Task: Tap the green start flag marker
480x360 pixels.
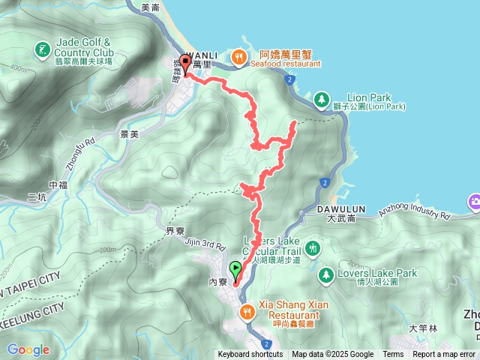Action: click(x=237, y=269)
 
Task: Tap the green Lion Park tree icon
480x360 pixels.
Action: click(x=321, y=98)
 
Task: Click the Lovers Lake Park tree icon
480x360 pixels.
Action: click(x=326, y=274)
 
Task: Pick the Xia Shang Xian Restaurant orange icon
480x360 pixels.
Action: click(x=245, y=311)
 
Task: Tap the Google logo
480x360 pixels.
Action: click(x=28, y=349)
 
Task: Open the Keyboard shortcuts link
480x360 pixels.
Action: click(x=250, y=355)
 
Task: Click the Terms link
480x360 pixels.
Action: click(x=393, y=355)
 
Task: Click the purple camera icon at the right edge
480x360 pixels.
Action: click(x=475, y=202)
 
